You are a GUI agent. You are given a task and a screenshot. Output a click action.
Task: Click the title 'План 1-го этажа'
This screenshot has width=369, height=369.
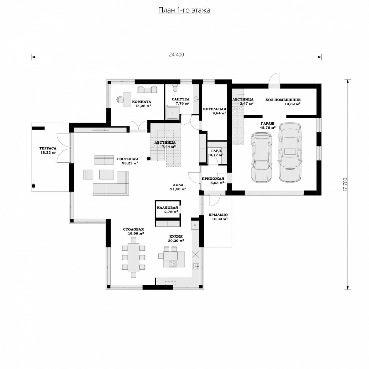[184, 10]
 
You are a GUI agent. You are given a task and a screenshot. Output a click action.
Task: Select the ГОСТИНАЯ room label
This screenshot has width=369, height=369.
[127, 159]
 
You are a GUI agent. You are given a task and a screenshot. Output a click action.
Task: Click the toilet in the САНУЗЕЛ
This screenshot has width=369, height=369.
[175, 88]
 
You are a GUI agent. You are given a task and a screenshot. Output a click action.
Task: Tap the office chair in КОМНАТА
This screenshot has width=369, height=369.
[119, 99]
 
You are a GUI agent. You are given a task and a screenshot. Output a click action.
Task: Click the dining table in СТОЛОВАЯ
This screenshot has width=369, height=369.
[134, 257]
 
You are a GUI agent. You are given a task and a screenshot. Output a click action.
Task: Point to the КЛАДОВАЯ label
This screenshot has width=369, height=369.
[167, 207]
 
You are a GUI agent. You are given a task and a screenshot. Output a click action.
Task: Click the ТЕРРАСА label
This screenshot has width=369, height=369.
[48, 148]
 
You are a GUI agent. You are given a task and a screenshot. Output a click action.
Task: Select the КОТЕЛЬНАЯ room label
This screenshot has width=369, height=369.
[215, 109]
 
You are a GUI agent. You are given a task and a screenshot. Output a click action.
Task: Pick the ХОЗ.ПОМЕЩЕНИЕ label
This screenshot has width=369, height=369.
[283, 100]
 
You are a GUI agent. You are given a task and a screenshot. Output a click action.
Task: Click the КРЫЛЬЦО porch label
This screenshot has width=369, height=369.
[218, 215]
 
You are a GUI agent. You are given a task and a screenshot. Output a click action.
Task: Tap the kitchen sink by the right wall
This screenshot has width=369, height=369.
[196, 266]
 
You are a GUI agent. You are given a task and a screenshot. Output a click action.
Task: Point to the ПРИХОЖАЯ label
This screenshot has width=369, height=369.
[213, 179]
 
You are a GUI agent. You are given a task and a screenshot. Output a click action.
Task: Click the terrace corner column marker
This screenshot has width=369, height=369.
[33, 186]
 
